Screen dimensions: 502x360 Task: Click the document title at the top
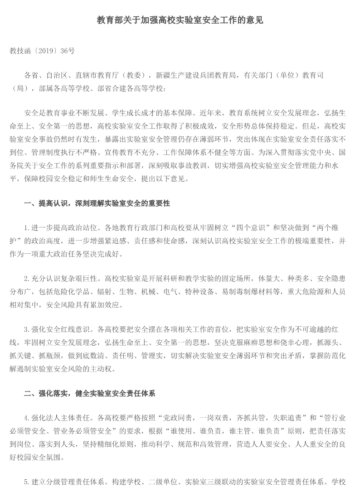coord(180,20)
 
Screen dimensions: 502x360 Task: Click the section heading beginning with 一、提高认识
coord(97,203)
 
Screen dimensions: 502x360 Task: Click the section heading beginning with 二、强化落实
coord(89,394)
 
